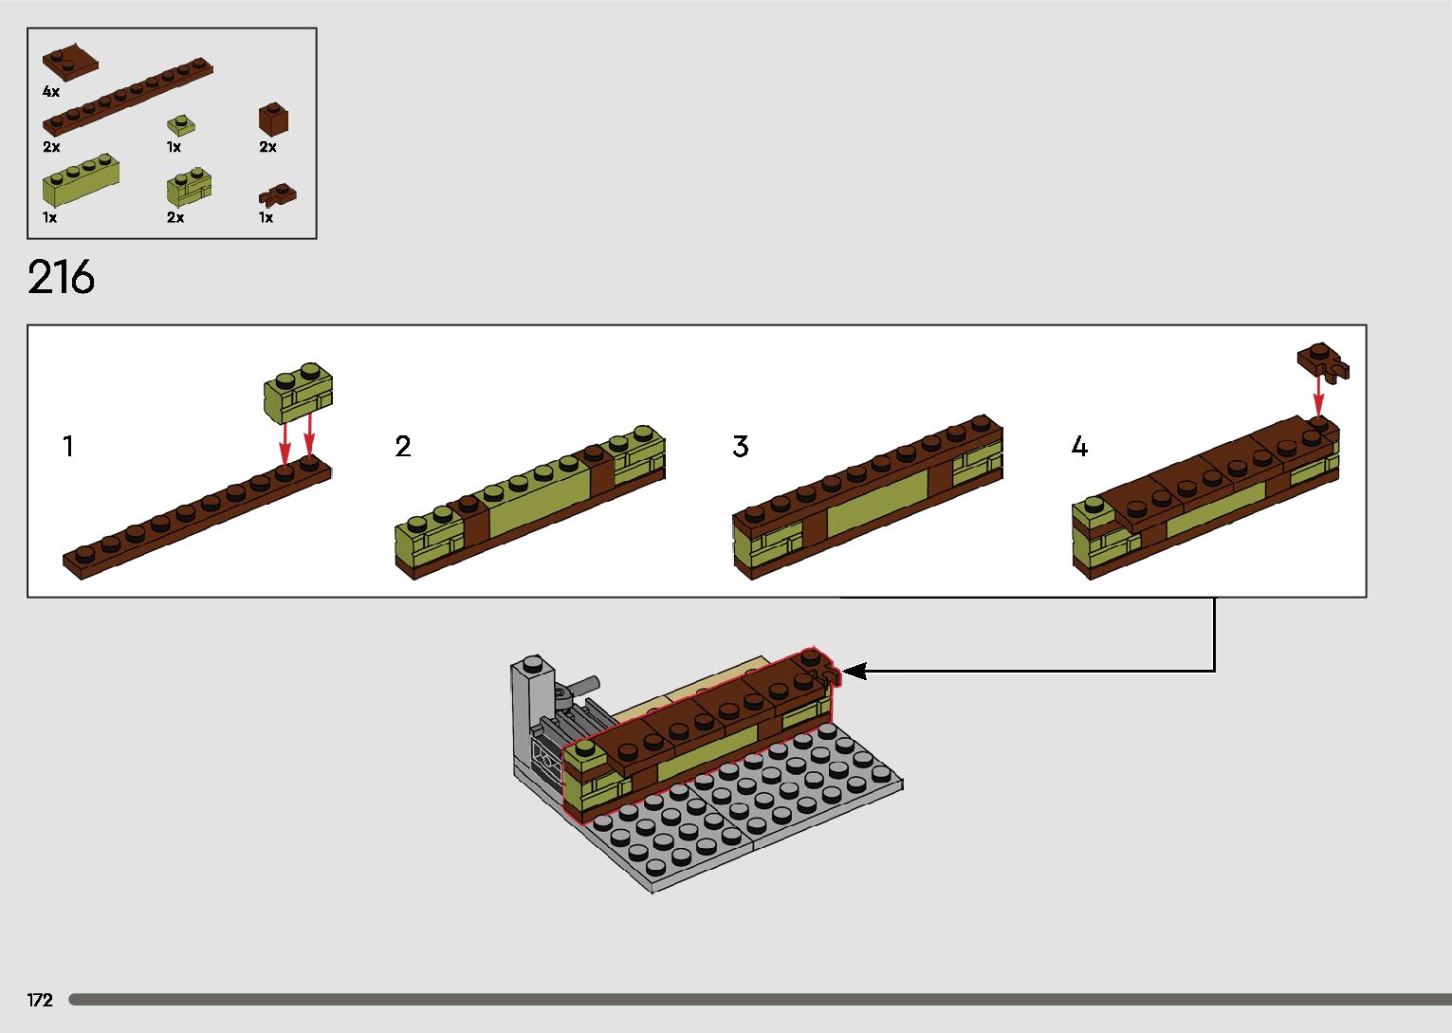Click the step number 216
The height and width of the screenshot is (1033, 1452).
(x=62, y=278)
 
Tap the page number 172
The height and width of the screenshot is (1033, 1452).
(x=40, y=1000)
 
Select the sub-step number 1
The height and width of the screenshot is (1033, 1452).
(x=67, y=446)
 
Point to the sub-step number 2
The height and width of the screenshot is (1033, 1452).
(x=403, y=446)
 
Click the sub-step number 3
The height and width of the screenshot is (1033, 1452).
(x=741, y=446)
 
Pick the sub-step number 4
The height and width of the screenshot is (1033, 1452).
(x=1079, y=446)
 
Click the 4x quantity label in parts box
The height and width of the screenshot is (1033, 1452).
(x=51, y=92)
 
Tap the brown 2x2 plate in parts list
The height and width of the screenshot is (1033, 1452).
(x=69, y=62)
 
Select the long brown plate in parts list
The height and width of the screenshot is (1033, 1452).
(x=127, y=98)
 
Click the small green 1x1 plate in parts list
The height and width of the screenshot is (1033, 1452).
(x=181, y=125)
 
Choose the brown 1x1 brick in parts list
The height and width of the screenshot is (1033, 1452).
(x=273, y=120)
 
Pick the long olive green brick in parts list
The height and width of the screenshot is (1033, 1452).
(x=81, y=180)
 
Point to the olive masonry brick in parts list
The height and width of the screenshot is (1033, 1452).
(x=189, y=188)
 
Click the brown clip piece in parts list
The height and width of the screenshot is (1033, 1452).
(x=277, y=195)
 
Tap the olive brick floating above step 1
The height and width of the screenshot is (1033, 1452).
(x=298, y=391)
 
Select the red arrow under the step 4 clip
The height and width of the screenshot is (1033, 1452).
(x=1318, y=396)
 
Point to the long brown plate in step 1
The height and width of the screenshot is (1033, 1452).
(x=197, y=517)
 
